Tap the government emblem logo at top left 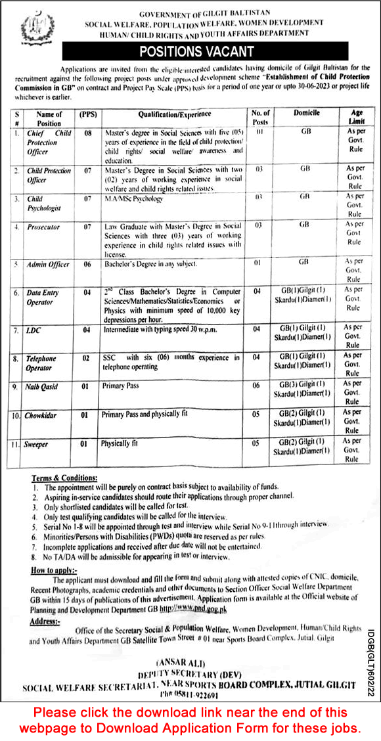(x=30, y=30)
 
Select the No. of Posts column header (x=260, y=118)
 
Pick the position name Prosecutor (x=43, y=227)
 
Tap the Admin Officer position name (x=47, y=264)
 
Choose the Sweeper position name (x=37, y=445)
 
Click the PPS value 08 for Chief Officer (x=85, y=133)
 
